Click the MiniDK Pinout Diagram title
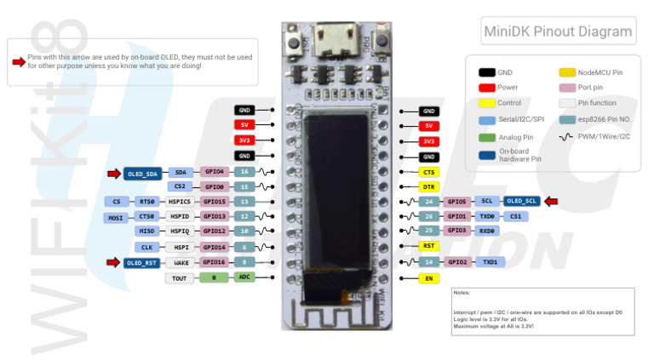(558, 32)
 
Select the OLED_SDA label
(142, 173)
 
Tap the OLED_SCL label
(520, 201)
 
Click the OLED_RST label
(142, 263)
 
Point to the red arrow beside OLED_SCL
(552, 201)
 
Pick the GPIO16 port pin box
(214, 263)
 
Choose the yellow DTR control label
(429, 186)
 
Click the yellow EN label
(429, 278)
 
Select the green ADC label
(244, 277)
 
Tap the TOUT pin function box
(179, 278)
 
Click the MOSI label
(115, 217)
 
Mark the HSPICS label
(179, 202)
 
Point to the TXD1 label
(490, 262)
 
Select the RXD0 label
(487, 231)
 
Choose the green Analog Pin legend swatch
(486, 136)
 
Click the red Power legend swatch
(486, 88)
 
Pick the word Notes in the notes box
(462, 293)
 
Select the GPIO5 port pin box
(458, 201)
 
